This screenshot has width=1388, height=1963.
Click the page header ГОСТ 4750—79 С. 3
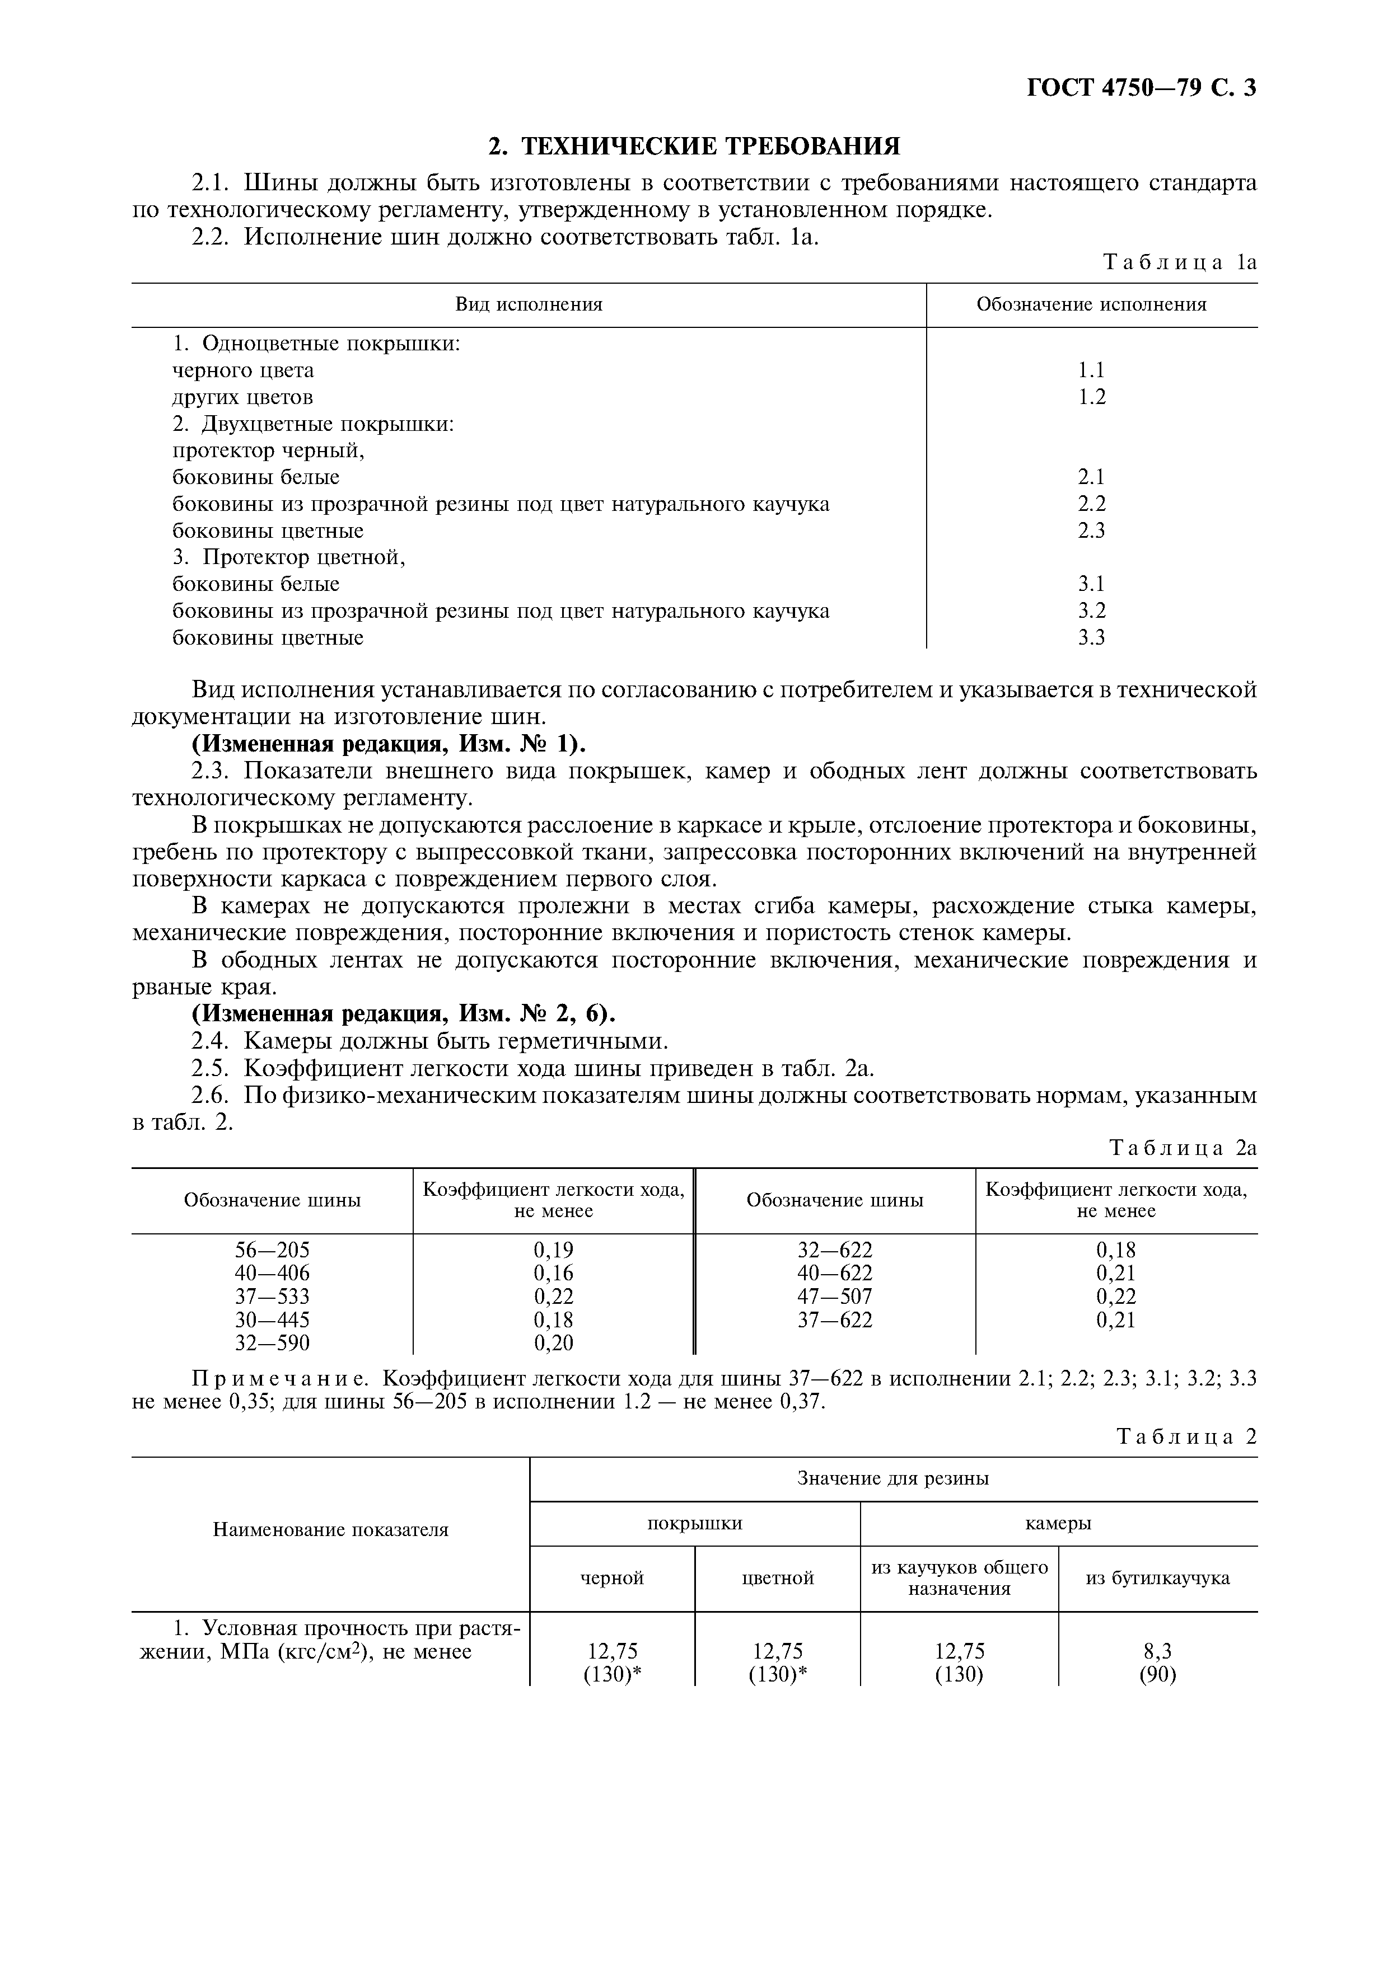pos(1141,88)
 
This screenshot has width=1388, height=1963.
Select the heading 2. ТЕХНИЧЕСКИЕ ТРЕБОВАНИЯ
pos(694,146)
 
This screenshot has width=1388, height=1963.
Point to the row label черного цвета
pos(243,370)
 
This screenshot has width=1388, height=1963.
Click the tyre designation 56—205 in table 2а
pos(272,1250)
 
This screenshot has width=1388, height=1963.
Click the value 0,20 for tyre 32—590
pos(553,1342)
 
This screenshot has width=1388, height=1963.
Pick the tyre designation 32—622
pos(835,1250)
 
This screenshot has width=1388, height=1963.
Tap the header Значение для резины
pos(893,1478)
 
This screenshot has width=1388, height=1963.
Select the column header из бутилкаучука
pos(1157,1577)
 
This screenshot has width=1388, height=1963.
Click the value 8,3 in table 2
pos(1157,1651)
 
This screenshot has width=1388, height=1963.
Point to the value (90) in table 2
pos(1157,1674)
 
